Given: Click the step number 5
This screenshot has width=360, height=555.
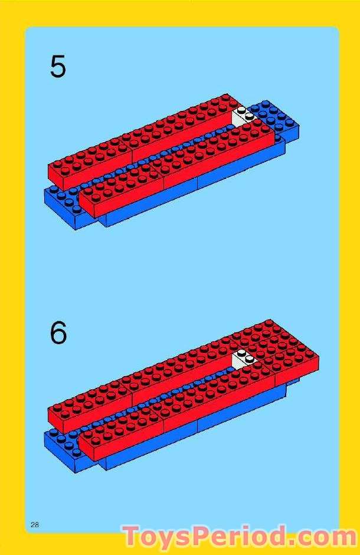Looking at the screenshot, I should [58, 67].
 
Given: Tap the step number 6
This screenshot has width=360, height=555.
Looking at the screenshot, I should [58, 333].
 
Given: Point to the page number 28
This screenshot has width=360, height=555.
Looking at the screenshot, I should [35, 524].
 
